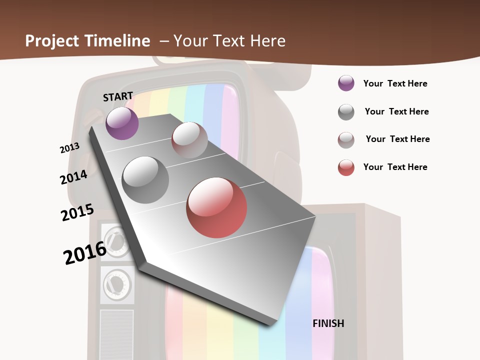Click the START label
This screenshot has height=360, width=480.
point(118,96)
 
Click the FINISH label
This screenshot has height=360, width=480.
point(328,323)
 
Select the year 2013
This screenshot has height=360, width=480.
point(69,148)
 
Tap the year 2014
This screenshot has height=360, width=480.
point(73,177)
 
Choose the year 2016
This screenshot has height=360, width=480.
point(84,252)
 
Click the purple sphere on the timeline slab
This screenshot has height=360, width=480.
point(122,123)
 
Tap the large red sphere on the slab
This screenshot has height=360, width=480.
point(216,207)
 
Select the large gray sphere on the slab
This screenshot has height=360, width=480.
point(145,180)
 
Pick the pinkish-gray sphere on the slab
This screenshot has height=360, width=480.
point(189,140)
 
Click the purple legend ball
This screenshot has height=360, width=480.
point(346,83)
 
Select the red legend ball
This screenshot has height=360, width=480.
point(346,167)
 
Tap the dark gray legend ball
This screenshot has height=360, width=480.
point(346,112)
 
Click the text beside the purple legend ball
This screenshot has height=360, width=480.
point(395,83)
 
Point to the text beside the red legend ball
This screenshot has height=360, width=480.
point(395,167)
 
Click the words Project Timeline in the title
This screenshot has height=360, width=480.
point(87,41)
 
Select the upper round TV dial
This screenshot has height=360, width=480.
point(116,241)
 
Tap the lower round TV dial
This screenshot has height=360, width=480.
point(117,284)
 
